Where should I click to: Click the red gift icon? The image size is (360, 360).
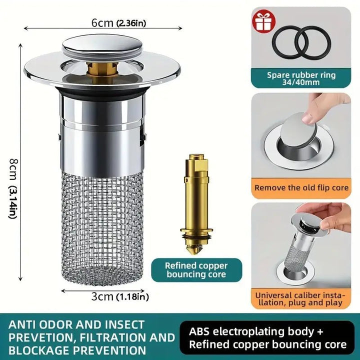tap(264, 21)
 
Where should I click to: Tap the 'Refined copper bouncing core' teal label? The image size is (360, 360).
tap(196, 270)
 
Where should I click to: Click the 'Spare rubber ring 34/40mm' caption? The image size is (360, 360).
tap(301, 78)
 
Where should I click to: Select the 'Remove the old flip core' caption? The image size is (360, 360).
tap(301, 188)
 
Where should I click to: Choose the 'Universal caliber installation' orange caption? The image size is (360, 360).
tap(301, 299)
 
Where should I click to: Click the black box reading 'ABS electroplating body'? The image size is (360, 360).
tap(267, 337)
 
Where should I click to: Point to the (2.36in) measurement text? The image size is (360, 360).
tap(131, 23)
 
